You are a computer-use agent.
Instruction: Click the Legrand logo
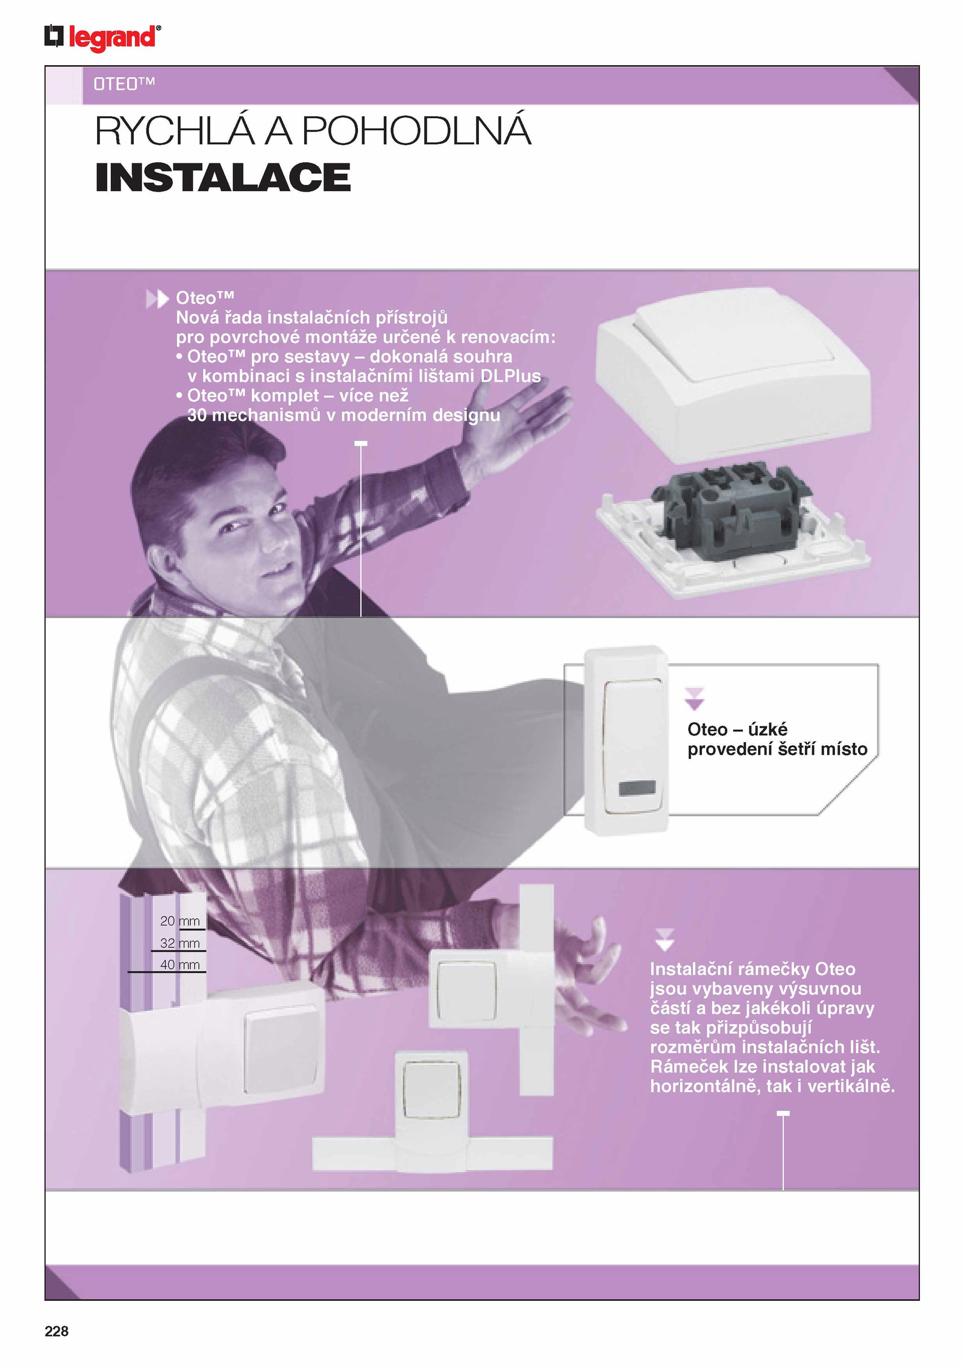pyautogui.click(x=102, y=37)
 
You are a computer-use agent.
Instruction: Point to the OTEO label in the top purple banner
pyautogui.click(x=124, y=84)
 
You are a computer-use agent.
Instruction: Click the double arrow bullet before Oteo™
pyautogui.click(x=157, y=299)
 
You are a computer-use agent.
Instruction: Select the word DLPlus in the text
pyautogui.click(x=510, y=376)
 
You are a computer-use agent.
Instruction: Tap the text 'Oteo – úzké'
pyautogui.click(x=737, y=729)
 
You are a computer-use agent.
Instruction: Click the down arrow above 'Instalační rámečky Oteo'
pyautogui.click(x=664, y=939)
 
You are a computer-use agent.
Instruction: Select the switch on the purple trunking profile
pyautogui.click(x=282, y=1039)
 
